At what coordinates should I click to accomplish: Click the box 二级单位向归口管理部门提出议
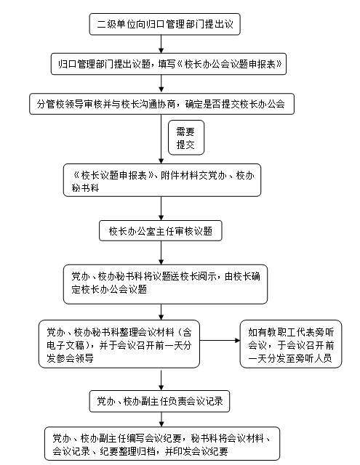click(x=164, y=24)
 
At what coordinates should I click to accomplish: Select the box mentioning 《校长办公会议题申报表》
click(x=169, y=64)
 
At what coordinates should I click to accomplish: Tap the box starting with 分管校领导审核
click(x=161, y=104)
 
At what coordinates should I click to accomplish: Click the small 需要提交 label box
click(x=186, y=137)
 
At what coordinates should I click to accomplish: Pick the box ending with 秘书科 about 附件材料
click(x=162, y=180)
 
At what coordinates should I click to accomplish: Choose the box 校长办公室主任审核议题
click(x=161, y=231)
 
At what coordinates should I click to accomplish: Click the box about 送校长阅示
click(x=165, y=284)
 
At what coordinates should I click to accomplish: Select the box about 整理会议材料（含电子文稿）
click(x=119, y=344)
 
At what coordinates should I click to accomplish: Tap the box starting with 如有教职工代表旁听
click(x=291, y=344)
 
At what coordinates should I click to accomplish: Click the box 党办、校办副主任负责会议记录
click(x=160, y=401)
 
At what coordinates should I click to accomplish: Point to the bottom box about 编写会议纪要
click(x=162, y=444)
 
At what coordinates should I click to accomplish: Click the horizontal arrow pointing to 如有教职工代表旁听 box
click(x=220, y=341)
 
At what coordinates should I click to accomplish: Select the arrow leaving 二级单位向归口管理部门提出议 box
click(x=161, y=44)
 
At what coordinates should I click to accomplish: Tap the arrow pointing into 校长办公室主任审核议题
click(x=161, y=209)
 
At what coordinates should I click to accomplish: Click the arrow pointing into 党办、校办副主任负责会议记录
click(x=161, y=380)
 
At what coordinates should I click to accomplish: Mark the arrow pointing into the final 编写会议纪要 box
click(x=161, y=420)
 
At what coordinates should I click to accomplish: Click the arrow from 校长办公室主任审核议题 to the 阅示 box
click(x=161, y=253)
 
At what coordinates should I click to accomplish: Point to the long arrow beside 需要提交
click(x=161, y=139)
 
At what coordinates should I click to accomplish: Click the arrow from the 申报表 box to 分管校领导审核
click(x=161, y=84)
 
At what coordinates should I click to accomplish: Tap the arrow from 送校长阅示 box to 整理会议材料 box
click(x=161, y=312)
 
